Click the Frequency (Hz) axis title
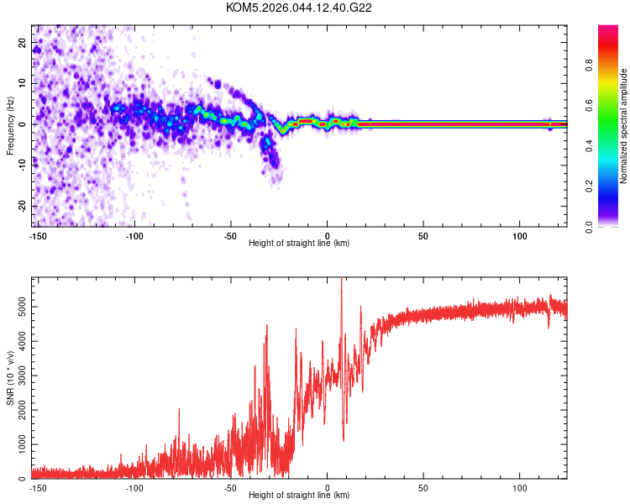click(10, 126)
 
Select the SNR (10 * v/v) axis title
click(10, 378)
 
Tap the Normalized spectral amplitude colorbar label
click(624, 126)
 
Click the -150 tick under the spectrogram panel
click(37, 234)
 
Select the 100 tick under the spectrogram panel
click(519, 234)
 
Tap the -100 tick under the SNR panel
click(134, 487)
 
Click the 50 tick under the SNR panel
click(423, 487)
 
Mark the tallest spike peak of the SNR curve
click(341, 280)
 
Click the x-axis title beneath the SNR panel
click(299, 496)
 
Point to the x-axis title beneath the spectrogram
click(299, 243)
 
